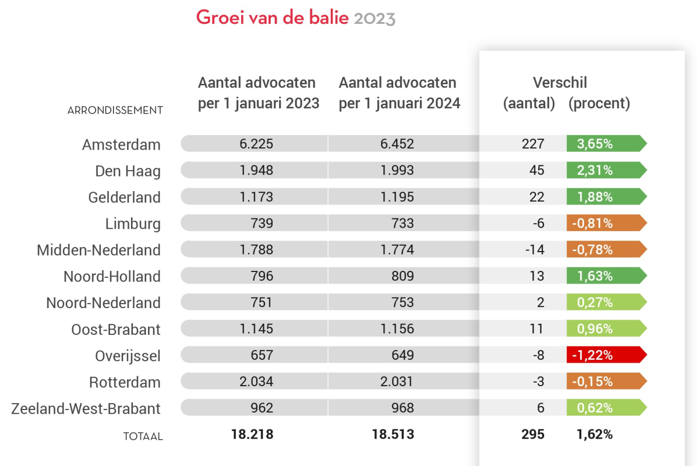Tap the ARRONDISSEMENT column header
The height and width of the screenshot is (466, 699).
pyautogui.click(x=115, y=110)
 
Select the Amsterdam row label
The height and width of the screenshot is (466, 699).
pyautogui.click(x=121, y=144)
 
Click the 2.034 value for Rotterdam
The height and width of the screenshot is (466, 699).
pyautogui.click(x=256, y=382)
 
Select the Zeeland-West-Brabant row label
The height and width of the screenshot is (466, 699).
pyautogui.click(x=86, y=409)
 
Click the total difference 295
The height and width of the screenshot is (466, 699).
pyautogui.click(x=533, y=435)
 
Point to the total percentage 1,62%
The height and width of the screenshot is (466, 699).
pyautogui.click(x=594, y=435)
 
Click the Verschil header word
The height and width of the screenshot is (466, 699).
pyautogui.click(x=560, y=83)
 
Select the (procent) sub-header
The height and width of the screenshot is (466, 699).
pyautogui.click(x=599, y=104)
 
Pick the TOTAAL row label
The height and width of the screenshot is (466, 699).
pyautogui.click(x=143, y=436)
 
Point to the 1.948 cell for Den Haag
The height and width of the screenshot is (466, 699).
pyautogui.click(x=256, y=171)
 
